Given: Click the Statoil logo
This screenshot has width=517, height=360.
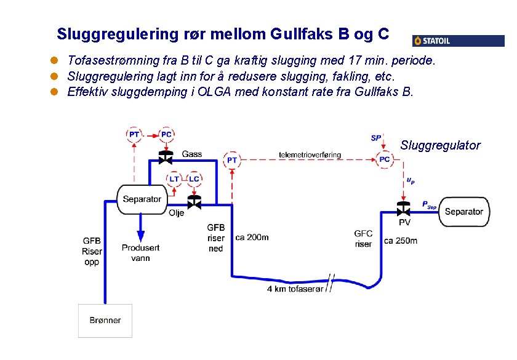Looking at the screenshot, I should pos(458,41).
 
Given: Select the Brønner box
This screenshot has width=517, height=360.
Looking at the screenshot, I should pos(105,320).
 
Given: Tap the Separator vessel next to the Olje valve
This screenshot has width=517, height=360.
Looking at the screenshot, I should pos(142,199).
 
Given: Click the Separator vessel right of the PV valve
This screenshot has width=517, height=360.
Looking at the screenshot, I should pos(463,212).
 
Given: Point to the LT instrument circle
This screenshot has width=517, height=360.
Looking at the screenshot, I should pos(175,179).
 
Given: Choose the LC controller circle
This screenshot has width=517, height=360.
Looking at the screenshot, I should pos(193,179).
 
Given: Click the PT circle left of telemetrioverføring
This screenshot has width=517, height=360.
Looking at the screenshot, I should pos(232,160).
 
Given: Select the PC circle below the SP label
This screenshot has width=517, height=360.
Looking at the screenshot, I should pos(385,159).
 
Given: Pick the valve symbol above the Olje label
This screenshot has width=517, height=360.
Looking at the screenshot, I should pos(194,202).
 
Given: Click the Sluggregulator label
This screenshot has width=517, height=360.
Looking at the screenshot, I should pos(440,145).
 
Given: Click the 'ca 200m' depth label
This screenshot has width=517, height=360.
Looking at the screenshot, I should pos(252,237).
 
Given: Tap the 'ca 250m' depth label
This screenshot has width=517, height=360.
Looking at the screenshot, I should pos(400,240).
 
